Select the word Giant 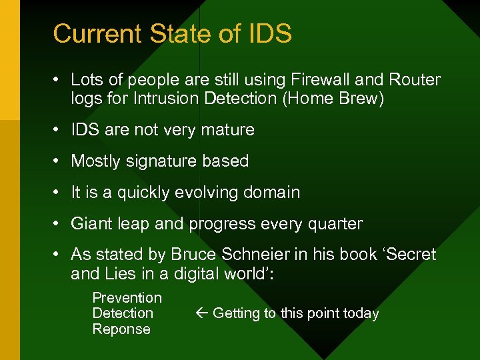(x=91, y=224)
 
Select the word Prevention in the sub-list (x=127, y=298)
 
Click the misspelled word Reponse (x=121, y=329)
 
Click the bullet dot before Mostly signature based (x=59, y=161)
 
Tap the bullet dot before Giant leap (x=59, y=224)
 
